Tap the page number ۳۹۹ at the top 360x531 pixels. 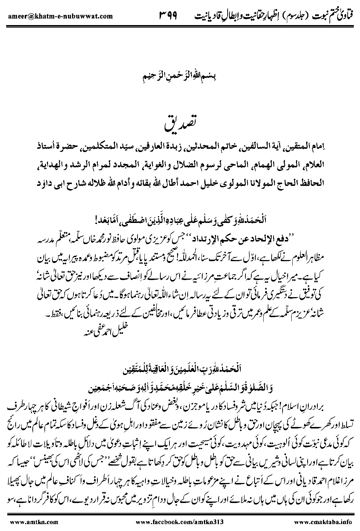pos(169,16)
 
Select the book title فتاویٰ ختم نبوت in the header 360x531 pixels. pos(332,16)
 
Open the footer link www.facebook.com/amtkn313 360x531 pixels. pos(179,522)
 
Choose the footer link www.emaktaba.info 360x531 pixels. pos(323,522)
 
